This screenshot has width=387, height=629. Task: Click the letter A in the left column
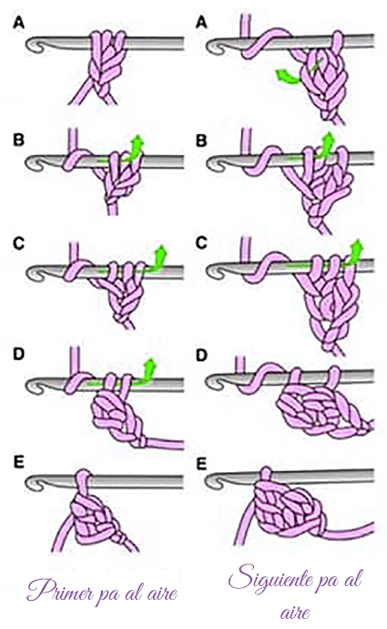[19, 23]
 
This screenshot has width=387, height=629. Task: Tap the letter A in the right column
[201, 23]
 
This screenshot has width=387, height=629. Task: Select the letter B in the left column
[19, 140]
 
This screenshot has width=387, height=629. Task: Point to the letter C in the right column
[201, 243]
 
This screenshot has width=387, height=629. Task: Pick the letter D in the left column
[19, 355]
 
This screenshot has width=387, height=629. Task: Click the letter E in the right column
[201, 464]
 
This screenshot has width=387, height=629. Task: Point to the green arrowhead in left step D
[150, 366]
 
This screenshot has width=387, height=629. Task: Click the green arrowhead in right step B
[329, 140]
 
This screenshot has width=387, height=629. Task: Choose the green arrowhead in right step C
[356, 249]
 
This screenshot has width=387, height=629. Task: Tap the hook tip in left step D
[33, 386]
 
